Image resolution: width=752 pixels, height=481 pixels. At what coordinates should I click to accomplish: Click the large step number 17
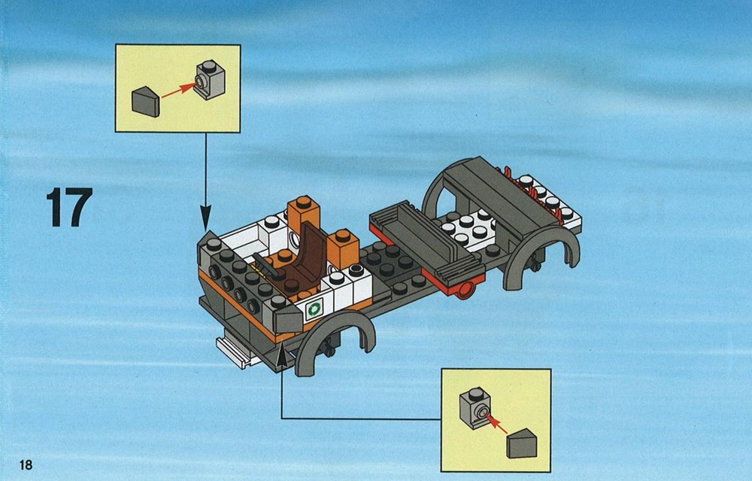(69, 207)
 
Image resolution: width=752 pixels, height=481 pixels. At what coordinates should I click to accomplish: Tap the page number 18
(26, 464)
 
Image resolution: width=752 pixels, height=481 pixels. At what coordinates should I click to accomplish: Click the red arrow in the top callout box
(178, 90)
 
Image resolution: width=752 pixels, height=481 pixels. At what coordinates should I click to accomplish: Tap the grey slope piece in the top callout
(145, 102)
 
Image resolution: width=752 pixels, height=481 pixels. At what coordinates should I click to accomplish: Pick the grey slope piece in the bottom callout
(522, 443)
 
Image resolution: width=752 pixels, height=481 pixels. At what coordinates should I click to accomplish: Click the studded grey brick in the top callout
(210, 80)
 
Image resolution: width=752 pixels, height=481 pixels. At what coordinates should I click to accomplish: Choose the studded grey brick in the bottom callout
(475, 407)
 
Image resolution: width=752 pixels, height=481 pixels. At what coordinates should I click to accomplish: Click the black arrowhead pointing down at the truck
(206, 218)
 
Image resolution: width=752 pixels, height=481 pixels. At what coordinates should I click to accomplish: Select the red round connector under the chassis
(465, 290)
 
